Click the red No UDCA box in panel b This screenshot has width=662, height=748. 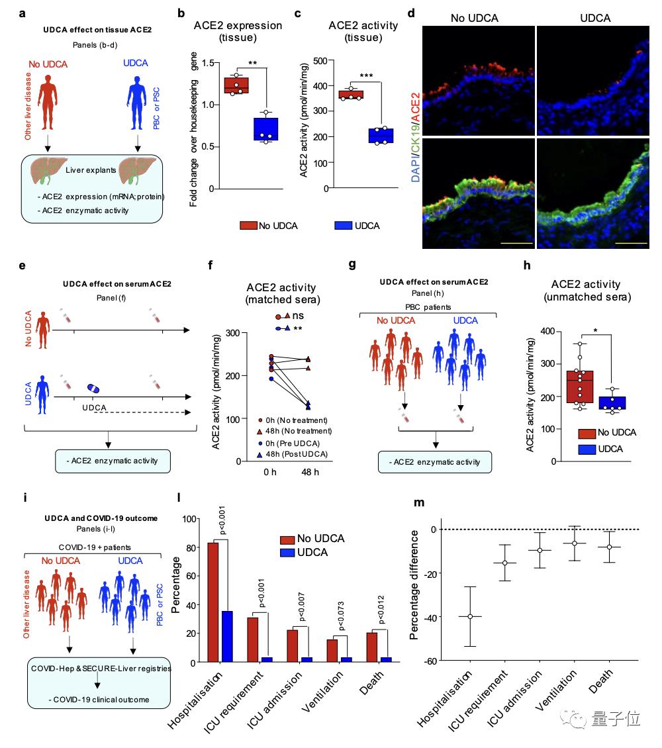tap(236, 85)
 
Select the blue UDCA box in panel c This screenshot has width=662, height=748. tap(381, 136)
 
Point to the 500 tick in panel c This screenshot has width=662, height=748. tap(320, 61)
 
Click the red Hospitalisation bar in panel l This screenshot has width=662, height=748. tap(213, 602)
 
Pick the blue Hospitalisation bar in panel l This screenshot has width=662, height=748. tap(227, 636)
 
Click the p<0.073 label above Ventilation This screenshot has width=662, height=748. tap(341, 616)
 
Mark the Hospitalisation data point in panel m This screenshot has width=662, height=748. tap(470, 617)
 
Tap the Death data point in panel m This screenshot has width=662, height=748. tap(609, 547)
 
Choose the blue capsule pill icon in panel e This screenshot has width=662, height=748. tap(93, 389)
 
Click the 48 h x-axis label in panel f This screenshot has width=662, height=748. tap(310, 472)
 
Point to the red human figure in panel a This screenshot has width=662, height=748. tap(48, 103)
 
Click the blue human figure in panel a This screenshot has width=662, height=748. tap(136, 103)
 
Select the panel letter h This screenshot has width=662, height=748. tap(527, 265)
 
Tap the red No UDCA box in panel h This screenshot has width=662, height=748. tap(580, 387)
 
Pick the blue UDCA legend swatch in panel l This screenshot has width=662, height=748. tap(287, 553)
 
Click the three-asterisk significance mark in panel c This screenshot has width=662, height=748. tap(366, 76)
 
